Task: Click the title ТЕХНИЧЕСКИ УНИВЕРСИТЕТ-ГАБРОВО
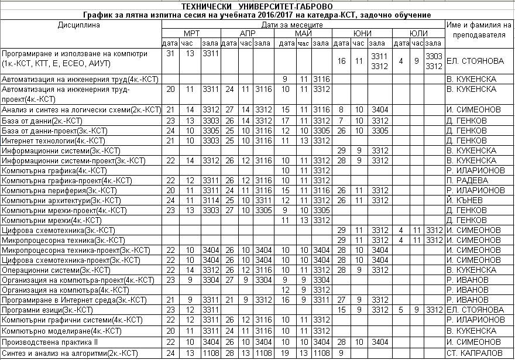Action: point(257,5)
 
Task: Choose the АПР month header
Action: point(248,33)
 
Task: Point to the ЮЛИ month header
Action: point(418,33)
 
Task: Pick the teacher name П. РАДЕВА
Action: point(467,180)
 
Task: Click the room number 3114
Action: point(210,200)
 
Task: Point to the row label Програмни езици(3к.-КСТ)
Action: point(48,309)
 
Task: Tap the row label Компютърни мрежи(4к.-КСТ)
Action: point(52,220)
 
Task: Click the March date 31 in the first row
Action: point(170,54)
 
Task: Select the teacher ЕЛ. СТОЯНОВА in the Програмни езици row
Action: point(475,309)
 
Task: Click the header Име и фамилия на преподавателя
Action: point(475,30)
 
